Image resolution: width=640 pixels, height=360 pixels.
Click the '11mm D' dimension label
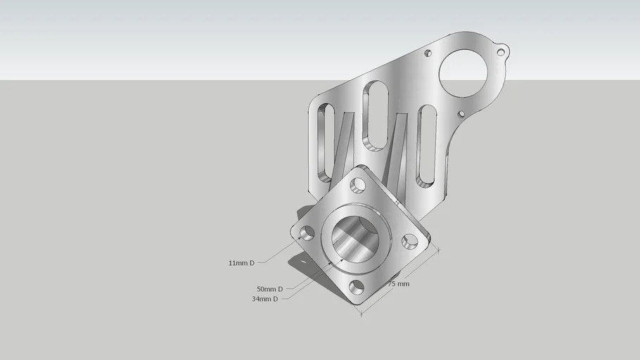click(x=241, y=263)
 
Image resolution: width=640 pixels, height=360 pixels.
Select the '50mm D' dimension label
click(x=269, y=289)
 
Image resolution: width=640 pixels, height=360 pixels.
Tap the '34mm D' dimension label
click(x=264, y=299)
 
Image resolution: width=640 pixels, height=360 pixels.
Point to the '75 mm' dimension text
click(x=398, y=284)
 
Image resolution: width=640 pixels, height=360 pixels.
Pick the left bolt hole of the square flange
click(x=307, y=233)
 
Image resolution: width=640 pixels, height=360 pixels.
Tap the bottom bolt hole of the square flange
click(x=357, y=287)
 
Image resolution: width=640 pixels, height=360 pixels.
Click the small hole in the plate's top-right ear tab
click(x=501, y=52)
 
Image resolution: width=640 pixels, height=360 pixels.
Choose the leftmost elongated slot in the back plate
click(x=325, y=141)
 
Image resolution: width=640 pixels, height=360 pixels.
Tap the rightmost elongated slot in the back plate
click(x=428, y=144)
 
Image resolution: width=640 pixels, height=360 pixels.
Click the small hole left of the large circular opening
click(x=427, y=53)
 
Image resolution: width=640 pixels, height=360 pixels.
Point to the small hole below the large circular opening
click(x=461, y=114)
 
